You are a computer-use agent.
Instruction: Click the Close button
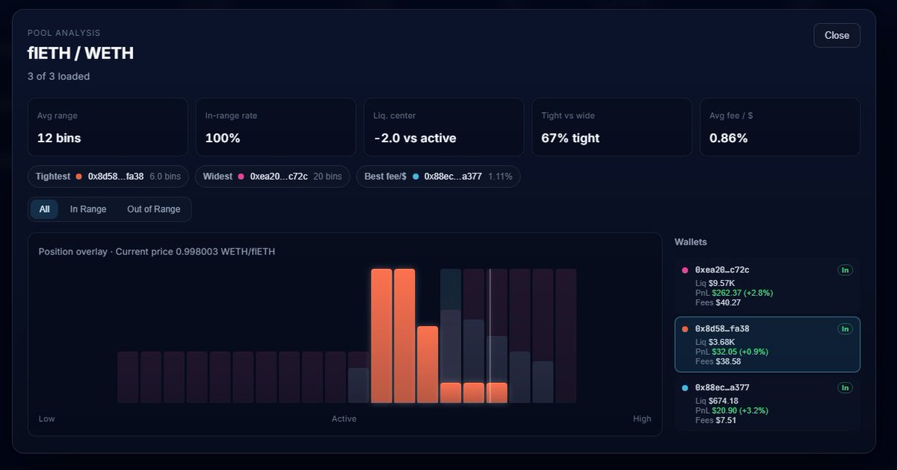click(836, 35)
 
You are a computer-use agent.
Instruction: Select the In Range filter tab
click(88, 209)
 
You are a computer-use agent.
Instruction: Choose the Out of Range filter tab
click(153, 209)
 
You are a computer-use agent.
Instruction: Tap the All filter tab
click(44, 209)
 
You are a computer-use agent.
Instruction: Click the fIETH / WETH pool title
click(81, 53)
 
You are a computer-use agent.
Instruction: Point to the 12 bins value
click(59, 138)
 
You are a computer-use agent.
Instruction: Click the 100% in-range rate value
click(223, 138)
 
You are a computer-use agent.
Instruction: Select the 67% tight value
click(570, 138)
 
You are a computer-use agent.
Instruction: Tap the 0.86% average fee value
click(728, 138)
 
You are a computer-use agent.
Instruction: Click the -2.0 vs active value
click(415, 138)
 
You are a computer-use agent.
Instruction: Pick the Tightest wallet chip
click(108, 177)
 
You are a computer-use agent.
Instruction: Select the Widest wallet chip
click(272, 177)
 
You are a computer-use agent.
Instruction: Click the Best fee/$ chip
click(438, 177)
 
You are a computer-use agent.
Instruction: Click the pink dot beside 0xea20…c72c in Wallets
click(685, 270)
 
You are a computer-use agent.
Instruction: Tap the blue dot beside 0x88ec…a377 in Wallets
click(685, 388)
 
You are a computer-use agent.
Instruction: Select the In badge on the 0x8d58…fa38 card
click(845, 329)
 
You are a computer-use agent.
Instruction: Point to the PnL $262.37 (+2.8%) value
click(734, 293)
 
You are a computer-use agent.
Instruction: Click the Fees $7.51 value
click(715, 420)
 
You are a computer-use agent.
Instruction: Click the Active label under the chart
click(344, 418)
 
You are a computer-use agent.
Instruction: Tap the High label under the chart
click(642, 418)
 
